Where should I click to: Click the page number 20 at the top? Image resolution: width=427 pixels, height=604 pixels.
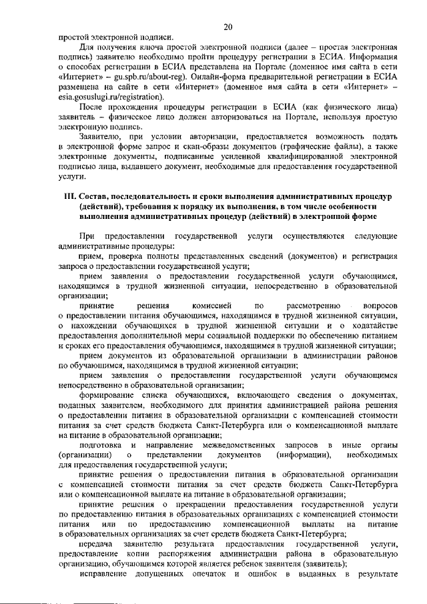click(x=228, y=27)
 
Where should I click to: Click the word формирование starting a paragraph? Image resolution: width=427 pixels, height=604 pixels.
click(x=107, y=395)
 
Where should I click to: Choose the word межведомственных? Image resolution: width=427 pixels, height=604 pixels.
click(x=253, y=444)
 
